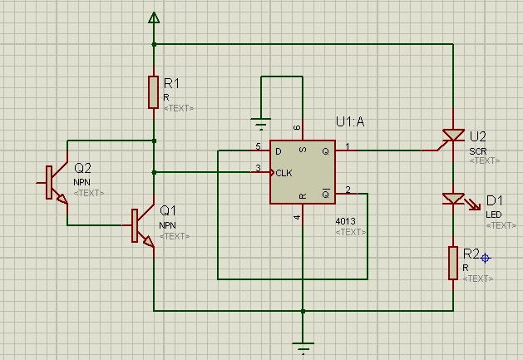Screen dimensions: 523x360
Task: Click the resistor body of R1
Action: (154, 92)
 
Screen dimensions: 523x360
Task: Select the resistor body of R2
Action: (453, 263)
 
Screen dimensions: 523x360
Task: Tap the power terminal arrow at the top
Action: (154, 17)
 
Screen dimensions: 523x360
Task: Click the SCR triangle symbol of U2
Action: (453, 136)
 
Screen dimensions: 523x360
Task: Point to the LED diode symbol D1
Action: (454, 199)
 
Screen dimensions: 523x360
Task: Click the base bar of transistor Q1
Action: (135, 225)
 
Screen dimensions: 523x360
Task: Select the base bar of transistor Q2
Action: (49, 183)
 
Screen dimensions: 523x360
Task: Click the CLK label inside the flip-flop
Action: (284, 173)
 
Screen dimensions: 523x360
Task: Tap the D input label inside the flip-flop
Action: (279, 151)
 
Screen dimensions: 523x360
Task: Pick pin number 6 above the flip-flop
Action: (297, 127)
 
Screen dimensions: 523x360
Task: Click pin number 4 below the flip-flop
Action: (297, 218)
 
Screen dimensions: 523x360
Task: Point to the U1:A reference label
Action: (350, 121)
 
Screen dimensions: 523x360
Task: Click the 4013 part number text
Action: (345, 221)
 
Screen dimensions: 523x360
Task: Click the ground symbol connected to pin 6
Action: (261, 124)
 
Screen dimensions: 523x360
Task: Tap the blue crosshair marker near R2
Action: (486, 258)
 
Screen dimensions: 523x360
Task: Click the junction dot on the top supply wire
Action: (154, 44)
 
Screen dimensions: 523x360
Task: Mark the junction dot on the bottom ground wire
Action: (303, 311)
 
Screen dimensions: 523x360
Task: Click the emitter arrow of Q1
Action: (149, 241)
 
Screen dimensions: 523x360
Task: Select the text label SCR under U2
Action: (477, 151)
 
